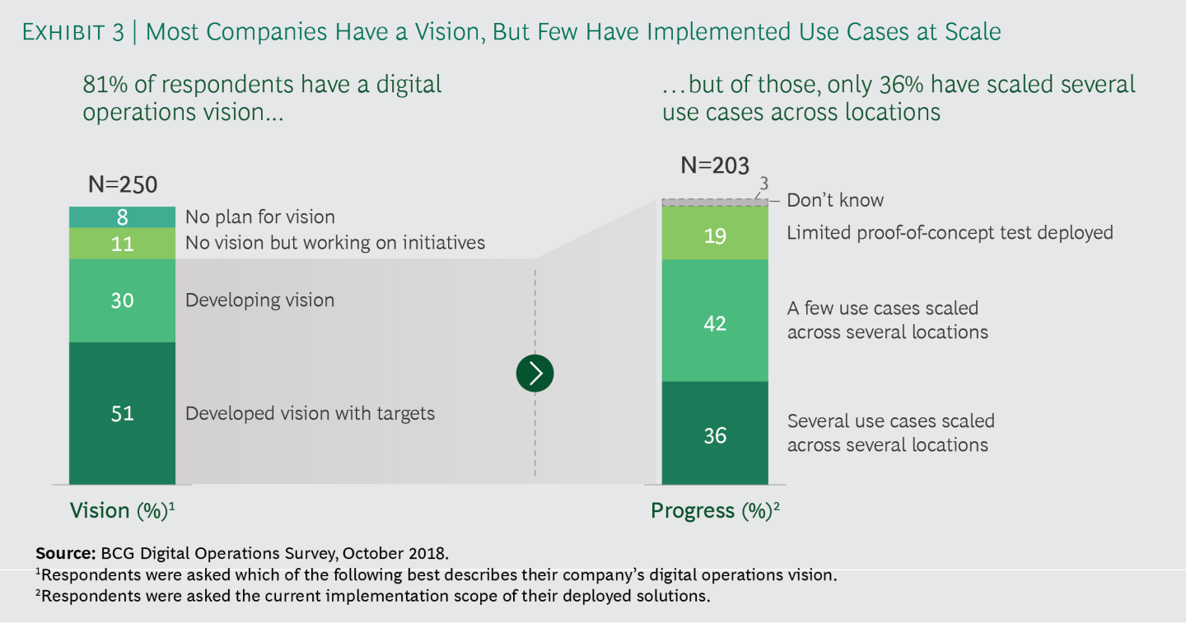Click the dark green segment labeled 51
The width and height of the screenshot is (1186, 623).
122,413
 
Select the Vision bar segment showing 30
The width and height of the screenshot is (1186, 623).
122,300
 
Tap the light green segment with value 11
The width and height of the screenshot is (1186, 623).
122,244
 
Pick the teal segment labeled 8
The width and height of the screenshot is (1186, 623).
122,217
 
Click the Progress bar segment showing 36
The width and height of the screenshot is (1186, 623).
715,433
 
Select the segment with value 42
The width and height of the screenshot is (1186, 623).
715,321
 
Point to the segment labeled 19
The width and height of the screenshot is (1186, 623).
715,233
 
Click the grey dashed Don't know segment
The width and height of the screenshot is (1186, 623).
715,202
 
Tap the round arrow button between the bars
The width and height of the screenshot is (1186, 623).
535,374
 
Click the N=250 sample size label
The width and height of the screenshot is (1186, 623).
123,184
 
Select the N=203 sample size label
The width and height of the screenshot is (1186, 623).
715,165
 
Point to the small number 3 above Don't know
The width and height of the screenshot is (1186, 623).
763,184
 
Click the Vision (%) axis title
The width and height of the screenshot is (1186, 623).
122,510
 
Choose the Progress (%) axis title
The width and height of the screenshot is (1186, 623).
715,510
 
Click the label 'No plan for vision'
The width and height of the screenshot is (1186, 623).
260,216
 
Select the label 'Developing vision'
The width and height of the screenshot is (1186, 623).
260,300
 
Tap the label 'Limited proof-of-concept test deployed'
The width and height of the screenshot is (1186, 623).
950,233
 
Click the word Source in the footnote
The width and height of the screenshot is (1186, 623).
66,553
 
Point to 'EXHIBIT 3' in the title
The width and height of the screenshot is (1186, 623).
73,32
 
